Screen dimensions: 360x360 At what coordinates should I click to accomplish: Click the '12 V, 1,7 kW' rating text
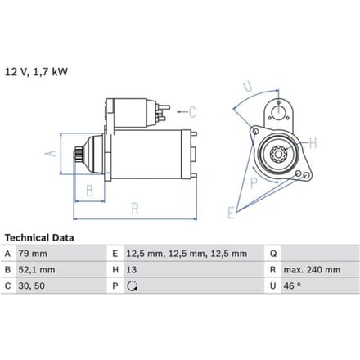(36, 72)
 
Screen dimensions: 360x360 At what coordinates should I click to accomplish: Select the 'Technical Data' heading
(39, 238)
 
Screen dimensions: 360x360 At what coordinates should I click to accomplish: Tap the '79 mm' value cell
(33, 254)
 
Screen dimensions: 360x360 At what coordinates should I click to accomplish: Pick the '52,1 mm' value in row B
(37, 270)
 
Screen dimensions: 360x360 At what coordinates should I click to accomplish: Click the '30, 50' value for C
(32, 286)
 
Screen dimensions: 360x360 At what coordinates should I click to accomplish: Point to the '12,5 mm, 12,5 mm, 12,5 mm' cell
(187, 254)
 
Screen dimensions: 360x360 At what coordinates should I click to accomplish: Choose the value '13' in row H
(131, 270)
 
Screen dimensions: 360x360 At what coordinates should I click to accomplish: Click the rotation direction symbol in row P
(132, 286)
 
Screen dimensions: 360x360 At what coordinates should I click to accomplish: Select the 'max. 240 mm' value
(312, 270)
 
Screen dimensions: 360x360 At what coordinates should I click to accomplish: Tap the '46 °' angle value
(292, 286)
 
